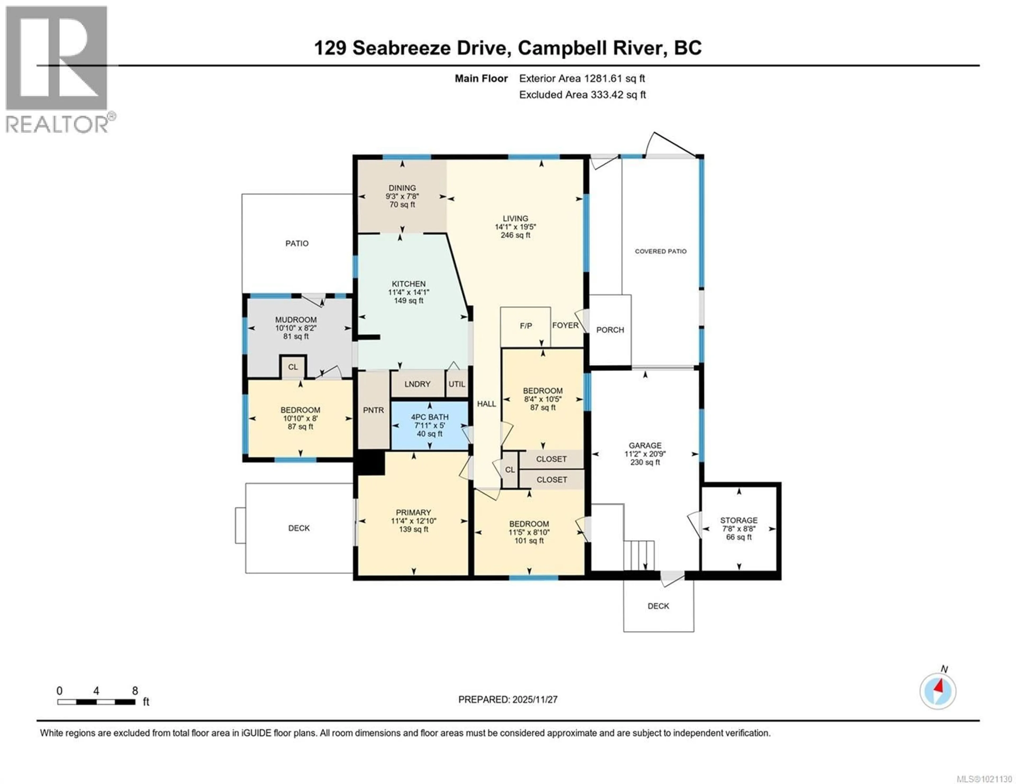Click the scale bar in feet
click(x=96, y=702)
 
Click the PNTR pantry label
click(x=374, y=410)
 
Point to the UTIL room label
click(x=457, y=384)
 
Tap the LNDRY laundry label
click(x=417, y=384)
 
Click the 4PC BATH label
click(x=429, y=417)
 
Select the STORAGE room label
click(x=739, y=520)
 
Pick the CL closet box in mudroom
click(x=293, y=367)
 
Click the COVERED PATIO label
click(x=661, y=251)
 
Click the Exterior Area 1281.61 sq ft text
click(x=582, y=78)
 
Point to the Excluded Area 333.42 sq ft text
click(x=582, y=95)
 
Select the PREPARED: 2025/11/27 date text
click(x=507, y=699)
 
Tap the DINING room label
click(x=402, y=188)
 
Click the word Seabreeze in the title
click(x=401, y=48)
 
